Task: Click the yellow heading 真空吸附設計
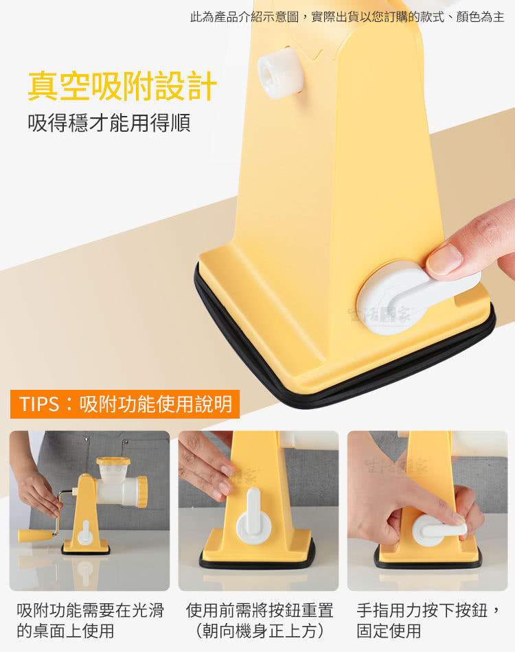(122, 86)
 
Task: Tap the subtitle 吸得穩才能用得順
(109, 123)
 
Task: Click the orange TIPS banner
(125, 404)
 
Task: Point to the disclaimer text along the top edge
(347, 16)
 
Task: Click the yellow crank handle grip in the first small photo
(36, 535)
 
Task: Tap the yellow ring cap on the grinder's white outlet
(143, 491)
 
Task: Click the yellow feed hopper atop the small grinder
(113, 461)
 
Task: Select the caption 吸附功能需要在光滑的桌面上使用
(90, 620)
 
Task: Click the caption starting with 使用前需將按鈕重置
(260, 620)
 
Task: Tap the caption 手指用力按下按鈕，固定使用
(428, 620)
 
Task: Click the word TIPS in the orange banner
(39, 404)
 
